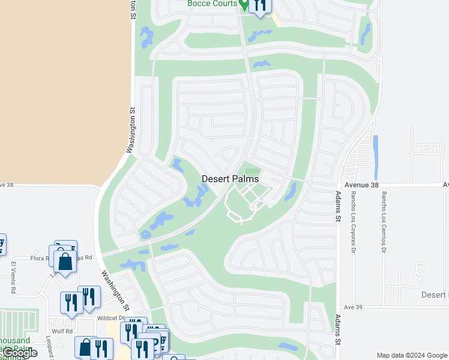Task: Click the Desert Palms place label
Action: coord(230,179)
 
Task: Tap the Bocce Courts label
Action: coord(212,4)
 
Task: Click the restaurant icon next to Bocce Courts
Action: coord(259,5)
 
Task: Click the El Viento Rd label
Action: coord(13,277)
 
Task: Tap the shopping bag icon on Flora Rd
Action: coord(65,262)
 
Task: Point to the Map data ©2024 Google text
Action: coord(411,355)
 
